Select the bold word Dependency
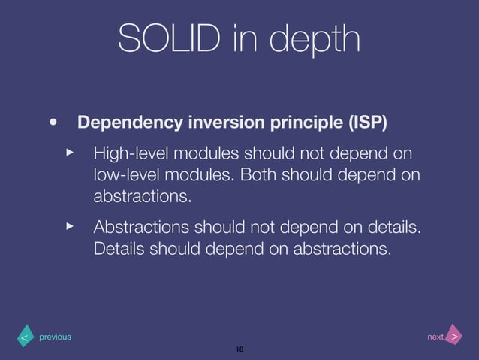(x=125, y=122)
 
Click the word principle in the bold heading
(x=288, y=122)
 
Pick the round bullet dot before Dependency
(x=53, y=121)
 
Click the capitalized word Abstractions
(x=141, y=227)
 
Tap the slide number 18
(x=239, y=349)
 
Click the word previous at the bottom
(x=55, y=337)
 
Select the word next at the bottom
(x=435, y=337)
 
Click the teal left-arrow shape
(x=25, y=337)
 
